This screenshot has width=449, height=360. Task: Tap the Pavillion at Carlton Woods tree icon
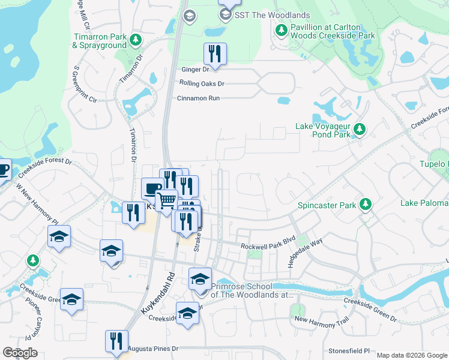pos(280,30)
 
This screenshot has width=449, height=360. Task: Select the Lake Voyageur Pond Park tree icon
pos(360,130)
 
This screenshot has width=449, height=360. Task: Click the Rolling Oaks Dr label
pos(201,83)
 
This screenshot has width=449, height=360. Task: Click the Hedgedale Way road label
pos(305,253)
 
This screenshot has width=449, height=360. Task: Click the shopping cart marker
pos(167,200)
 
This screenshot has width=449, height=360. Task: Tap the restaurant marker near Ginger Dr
pos(215,54)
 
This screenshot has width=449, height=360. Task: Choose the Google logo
pos(20,353)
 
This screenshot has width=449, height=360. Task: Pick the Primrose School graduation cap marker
pos(200,278)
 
